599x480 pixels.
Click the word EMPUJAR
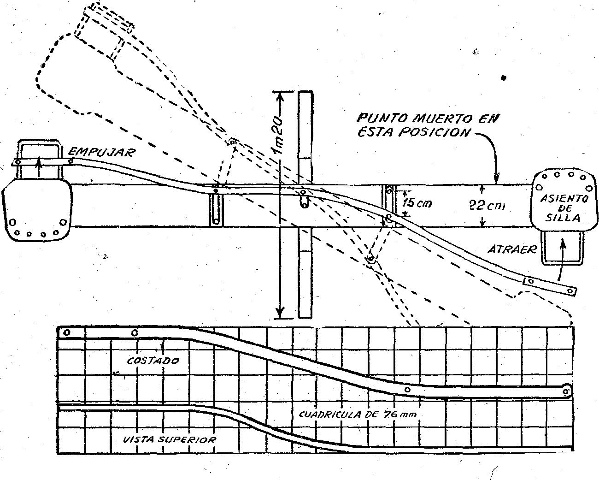(102, 152)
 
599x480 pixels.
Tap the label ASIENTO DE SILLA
(564, 208)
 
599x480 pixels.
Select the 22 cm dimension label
(487, 206)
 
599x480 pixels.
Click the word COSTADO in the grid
(153, 361)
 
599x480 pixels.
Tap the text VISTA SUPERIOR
(170, 439)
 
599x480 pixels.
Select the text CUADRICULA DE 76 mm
(358, 414)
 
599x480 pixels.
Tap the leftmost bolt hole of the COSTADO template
(67, 332)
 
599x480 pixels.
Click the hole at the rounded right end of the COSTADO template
(565, 391)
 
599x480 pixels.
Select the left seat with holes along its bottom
(37, 209)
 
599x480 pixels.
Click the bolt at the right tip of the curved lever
(570, 291)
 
